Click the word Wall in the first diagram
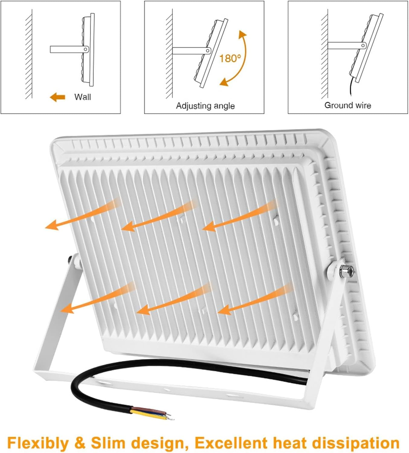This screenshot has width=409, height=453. pos(82,97)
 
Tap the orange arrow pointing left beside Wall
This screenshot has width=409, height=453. pos(57,97)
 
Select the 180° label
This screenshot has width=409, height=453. pos(230,59)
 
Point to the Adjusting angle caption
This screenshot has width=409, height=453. pos(205,106)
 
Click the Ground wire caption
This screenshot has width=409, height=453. pos(348,105)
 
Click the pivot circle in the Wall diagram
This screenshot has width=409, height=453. pos(86,49)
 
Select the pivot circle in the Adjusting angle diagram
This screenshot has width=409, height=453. pos(208,51)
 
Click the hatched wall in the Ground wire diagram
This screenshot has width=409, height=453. pos(324,54)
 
